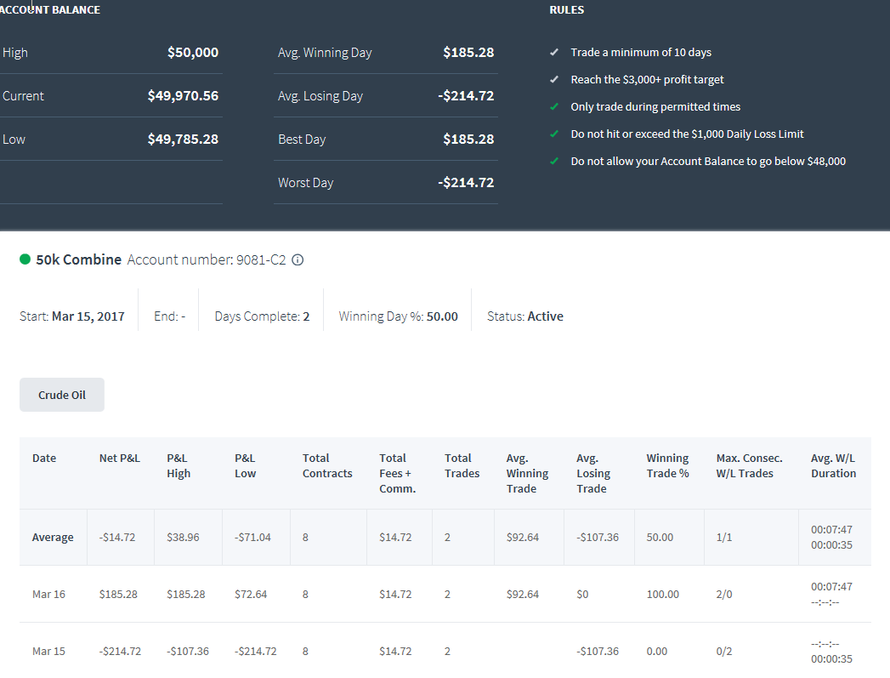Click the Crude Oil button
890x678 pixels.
pyautogui.click(x=62, y=395)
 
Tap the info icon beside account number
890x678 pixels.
pyautogui.click(x=298, y=260)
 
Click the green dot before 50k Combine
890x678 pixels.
pyautogui.click(x=25, y=259)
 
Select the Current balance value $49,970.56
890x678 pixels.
pyautogui.click(x=183, y=96)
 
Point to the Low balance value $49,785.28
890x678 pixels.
pyautogui.click(x=183, y=140)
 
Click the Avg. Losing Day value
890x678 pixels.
pyautogui.click(x=466, y=96)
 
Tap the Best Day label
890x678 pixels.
pyautogui.click(x=302, y=140)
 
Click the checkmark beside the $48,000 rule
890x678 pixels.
pyautogui.click(x=554, y=162)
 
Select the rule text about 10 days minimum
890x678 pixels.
pyautogui.click(x=641, y=52)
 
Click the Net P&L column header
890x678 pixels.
pyautogui.click(x=119, y=459)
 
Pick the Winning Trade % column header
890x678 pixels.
pyautogui.click(x=667, y=465)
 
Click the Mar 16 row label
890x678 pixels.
pyautogui.click(x=48, y=594)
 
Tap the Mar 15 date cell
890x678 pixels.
pyautogui.click(x=48, y=652)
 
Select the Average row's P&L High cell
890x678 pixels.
pyautogui.click(x=183, y=537)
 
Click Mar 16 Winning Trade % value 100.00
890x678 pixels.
pyautogui.click(x=662, y=594)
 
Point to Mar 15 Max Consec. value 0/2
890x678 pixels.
pyautogui.click(x=724, y=652)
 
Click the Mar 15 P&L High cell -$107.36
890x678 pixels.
pyautogui.click(x=188, y=652)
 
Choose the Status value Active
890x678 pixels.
pyautogui.click(x=546, y=316)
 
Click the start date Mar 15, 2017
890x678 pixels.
pyautogui.click(x=88, y=316)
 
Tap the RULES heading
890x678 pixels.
pyautogui.click(x=566, y=9)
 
